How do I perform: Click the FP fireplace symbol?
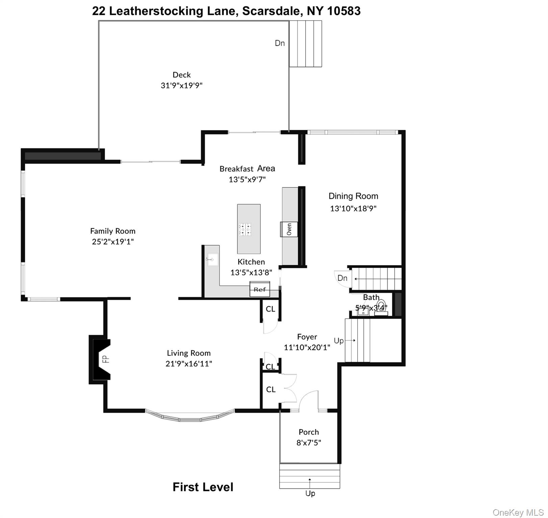tap(101, 359)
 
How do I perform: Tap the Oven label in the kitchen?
tap(289, 229)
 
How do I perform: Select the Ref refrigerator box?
tap(260, 289)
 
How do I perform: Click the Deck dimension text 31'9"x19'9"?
tap(182, 85)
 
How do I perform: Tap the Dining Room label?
tap(353, 196)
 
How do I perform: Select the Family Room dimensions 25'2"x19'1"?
tap(113, 241)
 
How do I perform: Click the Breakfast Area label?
tap(247, 169)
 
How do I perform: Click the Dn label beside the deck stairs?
tap(280, 43)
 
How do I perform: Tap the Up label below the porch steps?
tap(310, 493)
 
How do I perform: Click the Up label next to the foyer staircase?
tap(339, 341)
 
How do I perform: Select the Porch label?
tap(309, 432)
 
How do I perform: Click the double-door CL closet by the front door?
tap(271, 390)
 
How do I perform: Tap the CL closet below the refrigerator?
tap(270, 309)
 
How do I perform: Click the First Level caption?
tap(203, 487)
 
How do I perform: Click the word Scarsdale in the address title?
tap(271, 11)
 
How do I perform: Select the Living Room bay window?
tap(190, 416)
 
